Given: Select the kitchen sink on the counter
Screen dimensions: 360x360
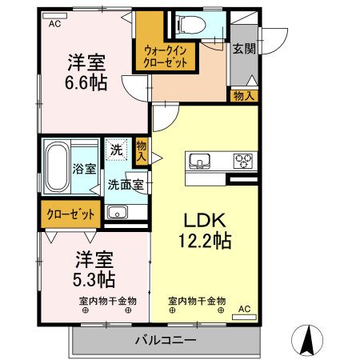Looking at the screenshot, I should [x=201, y=161].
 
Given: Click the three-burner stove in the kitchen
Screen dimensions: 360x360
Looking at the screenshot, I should [x=242, y=161].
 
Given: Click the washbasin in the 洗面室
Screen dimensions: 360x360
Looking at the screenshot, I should [x=117, y=213].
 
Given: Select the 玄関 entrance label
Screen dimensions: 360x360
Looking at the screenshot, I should [x=244, y=48].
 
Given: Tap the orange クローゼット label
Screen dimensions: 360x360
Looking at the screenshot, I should [x=70, y=214].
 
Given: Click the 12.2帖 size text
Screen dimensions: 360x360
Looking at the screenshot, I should [x=205, y=241].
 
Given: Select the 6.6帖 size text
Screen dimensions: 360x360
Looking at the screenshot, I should [x=85, y=82].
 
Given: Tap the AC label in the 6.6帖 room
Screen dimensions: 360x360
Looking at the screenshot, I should [x=54, y=24].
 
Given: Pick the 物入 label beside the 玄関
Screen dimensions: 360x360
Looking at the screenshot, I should [x=245, y=96].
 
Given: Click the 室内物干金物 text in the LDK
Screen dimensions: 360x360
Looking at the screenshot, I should [x=197, y=301].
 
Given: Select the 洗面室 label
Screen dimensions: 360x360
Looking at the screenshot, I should [x=126, y=183].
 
